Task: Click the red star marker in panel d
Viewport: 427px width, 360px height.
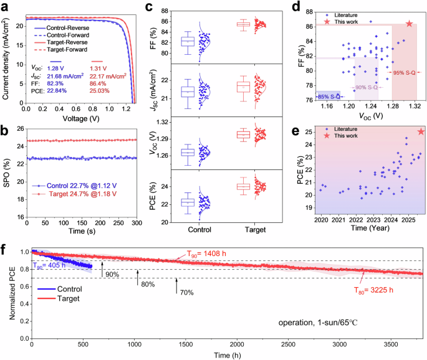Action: (410, 24)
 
